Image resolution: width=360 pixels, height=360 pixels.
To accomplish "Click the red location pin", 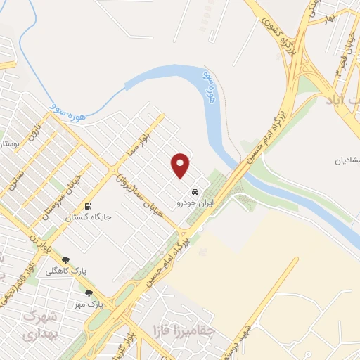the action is point(181,166).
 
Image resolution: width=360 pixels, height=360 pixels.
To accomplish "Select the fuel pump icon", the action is point(88,207).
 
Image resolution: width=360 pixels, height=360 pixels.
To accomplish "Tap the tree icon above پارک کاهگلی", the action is point(65,259).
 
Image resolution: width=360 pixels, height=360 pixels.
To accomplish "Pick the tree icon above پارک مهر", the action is point(89,293).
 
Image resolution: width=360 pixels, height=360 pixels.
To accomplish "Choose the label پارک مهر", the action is point(89,304).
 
